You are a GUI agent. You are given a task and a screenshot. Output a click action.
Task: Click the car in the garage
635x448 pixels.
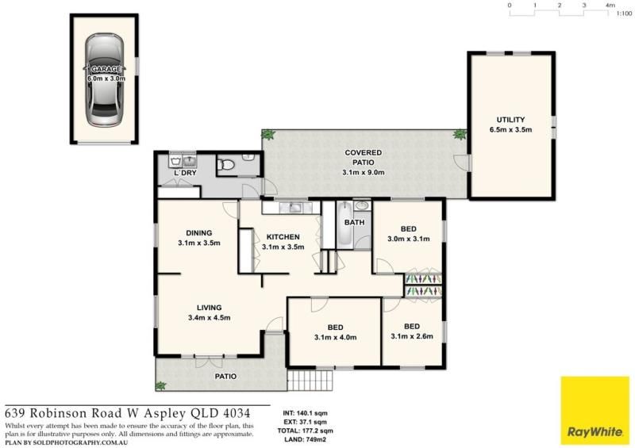(x=105, y=80)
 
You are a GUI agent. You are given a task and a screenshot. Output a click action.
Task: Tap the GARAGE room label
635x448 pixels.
(x=106, y=69)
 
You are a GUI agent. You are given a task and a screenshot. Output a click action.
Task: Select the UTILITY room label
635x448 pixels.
(x=510, y=120)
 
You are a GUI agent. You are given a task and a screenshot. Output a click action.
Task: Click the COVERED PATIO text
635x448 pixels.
(x=364, y=158)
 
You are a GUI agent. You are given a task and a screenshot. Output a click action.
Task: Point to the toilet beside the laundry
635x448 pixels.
(x=225, y=165)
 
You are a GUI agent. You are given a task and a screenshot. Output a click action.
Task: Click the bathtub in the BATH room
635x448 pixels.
(x=345, y=224)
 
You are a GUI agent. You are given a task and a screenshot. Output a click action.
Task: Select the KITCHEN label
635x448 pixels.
(x=283, y=237)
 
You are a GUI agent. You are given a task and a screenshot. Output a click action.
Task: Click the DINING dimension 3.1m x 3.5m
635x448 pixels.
(x=199, y=243)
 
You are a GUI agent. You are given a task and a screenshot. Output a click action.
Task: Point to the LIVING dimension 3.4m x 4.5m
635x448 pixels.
(x=210, y=318)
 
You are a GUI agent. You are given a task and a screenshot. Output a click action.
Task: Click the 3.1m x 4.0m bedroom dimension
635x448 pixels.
(x=335, y=337)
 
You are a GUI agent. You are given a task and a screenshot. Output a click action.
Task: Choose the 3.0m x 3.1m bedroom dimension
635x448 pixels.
(x=409, y=239)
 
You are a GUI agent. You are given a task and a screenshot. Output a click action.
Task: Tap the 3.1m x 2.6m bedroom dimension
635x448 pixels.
(x=412, y=336)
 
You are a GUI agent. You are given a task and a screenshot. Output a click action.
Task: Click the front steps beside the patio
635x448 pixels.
(x=310, y=380)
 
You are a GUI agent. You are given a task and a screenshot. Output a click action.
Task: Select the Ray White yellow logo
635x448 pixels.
(x=595, y=411)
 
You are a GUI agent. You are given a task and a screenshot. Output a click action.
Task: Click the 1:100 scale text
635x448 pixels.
(x=624, y=13)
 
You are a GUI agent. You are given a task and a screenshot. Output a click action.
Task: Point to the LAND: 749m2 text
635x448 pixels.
(x=305, y=439)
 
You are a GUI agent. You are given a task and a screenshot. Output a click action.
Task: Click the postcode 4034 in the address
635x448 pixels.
(x=237, y=414)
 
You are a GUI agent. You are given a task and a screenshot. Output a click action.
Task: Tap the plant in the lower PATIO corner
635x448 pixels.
(x=161, y=385)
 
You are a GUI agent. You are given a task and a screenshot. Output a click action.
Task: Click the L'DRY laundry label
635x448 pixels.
(x=185, y=173)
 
